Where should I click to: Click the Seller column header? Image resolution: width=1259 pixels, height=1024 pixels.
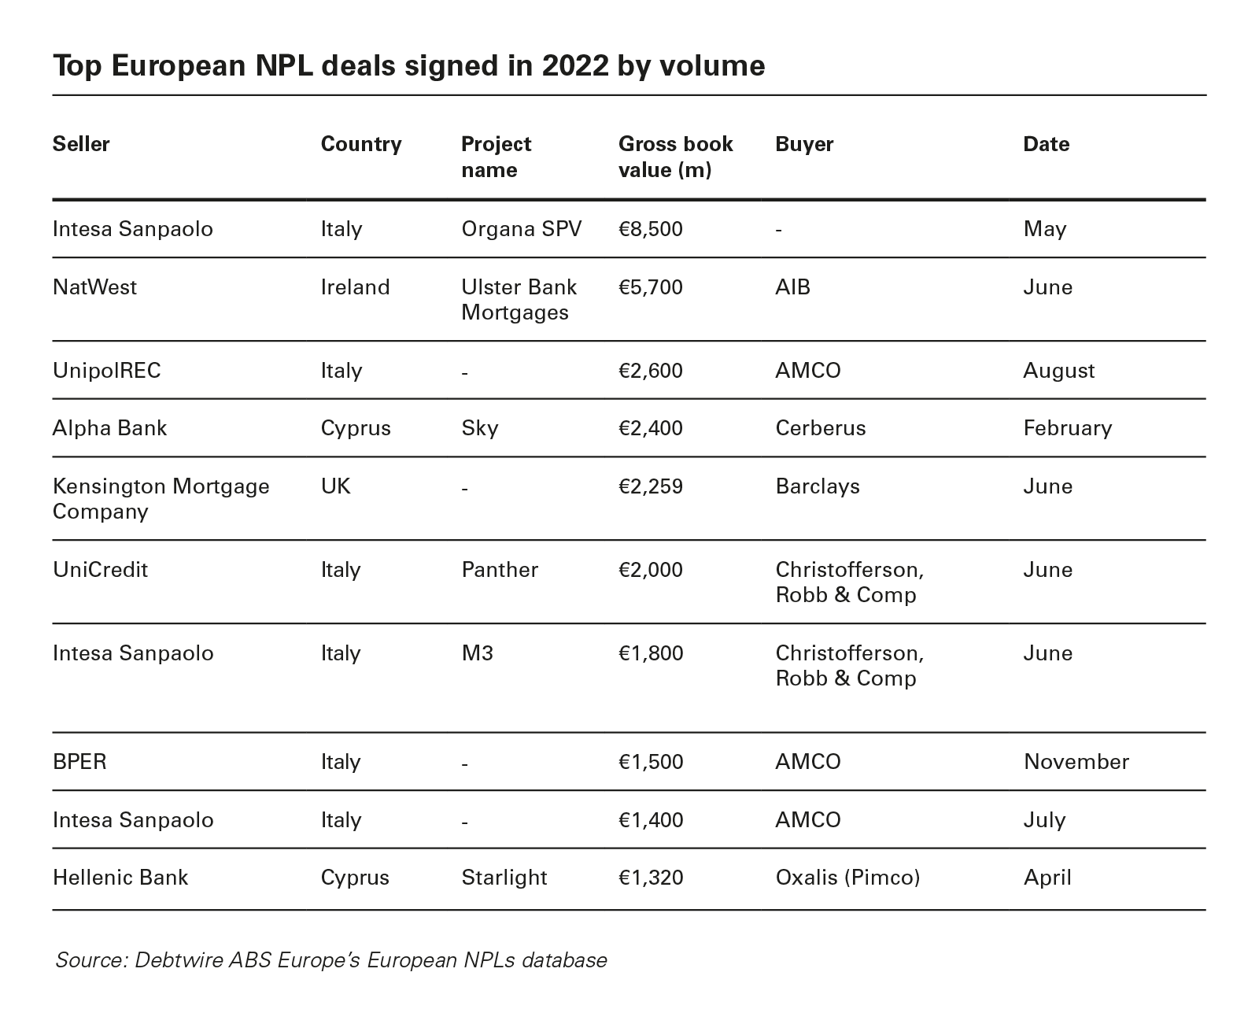point(81,144)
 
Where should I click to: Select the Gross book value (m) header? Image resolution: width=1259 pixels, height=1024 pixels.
point(675,157)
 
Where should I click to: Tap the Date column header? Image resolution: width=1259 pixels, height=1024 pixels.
point(1046,144)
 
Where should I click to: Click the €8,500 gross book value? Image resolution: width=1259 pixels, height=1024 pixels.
point(650,229)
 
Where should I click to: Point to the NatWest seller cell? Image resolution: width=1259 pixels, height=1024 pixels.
point(94,286)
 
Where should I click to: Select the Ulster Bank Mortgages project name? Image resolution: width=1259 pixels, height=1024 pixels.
point(519,299)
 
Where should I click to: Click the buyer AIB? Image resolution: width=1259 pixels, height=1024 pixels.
point(792,286)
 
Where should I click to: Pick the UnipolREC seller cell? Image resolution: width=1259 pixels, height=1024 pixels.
point(106,371)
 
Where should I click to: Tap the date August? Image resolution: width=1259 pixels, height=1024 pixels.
point(1058,371)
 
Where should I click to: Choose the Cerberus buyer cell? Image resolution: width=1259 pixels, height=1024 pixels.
point(820,428)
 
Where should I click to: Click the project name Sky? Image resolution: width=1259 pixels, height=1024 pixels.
point(479,428)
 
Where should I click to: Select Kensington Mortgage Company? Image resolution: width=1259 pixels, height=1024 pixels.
point(161,498)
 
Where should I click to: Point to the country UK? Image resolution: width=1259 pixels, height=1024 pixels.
point(335,486)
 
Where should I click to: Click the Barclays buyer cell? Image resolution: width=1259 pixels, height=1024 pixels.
point(817,486)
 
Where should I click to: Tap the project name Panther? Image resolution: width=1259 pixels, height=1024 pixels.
point(500,570)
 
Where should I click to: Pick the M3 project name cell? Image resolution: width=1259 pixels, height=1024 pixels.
point(477,653)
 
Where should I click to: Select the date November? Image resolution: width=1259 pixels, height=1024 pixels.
point(1076,762)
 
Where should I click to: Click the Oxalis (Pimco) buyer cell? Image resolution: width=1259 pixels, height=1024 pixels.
point(847,878)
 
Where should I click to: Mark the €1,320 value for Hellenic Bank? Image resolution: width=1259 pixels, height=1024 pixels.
point(650,878)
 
